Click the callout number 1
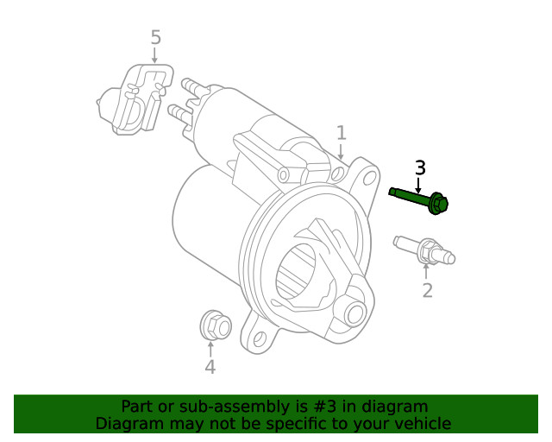(342, 133)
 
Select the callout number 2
(427, 290)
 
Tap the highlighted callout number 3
(420, 167)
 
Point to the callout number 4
(210, 368)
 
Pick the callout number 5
(155, 37)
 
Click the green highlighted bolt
(418, 198)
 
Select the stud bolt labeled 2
(423, 250)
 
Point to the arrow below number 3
(419, 184)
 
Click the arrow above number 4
(210, 348)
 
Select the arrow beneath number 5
(155, 56)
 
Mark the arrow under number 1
(342, 151)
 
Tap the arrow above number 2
(426, 270)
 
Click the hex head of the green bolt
(438, 204)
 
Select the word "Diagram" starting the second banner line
(129, 423)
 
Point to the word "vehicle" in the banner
(422, 423)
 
